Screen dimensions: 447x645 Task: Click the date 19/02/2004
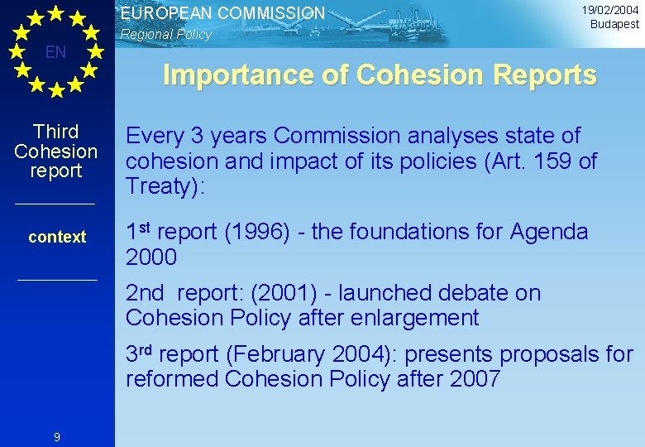tap(609, 10)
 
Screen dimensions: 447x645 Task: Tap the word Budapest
tap(614, 25)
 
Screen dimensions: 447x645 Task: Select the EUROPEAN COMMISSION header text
tap(222, 13)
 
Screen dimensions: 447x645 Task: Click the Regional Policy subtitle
tap(165, 35)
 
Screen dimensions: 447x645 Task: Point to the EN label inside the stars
tap(56, 53)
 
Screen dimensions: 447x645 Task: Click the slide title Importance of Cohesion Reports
tap(380, 75)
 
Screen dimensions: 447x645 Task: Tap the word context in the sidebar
tap(57, 237)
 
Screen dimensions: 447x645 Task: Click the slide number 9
tap(56, 437)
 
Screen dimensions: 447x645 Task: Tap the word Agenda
tap(555, 233)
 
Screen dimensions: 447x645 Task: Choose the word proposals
tap(530, 355)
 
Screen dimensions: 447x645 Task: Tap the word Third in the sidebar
tap(56, 132)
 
